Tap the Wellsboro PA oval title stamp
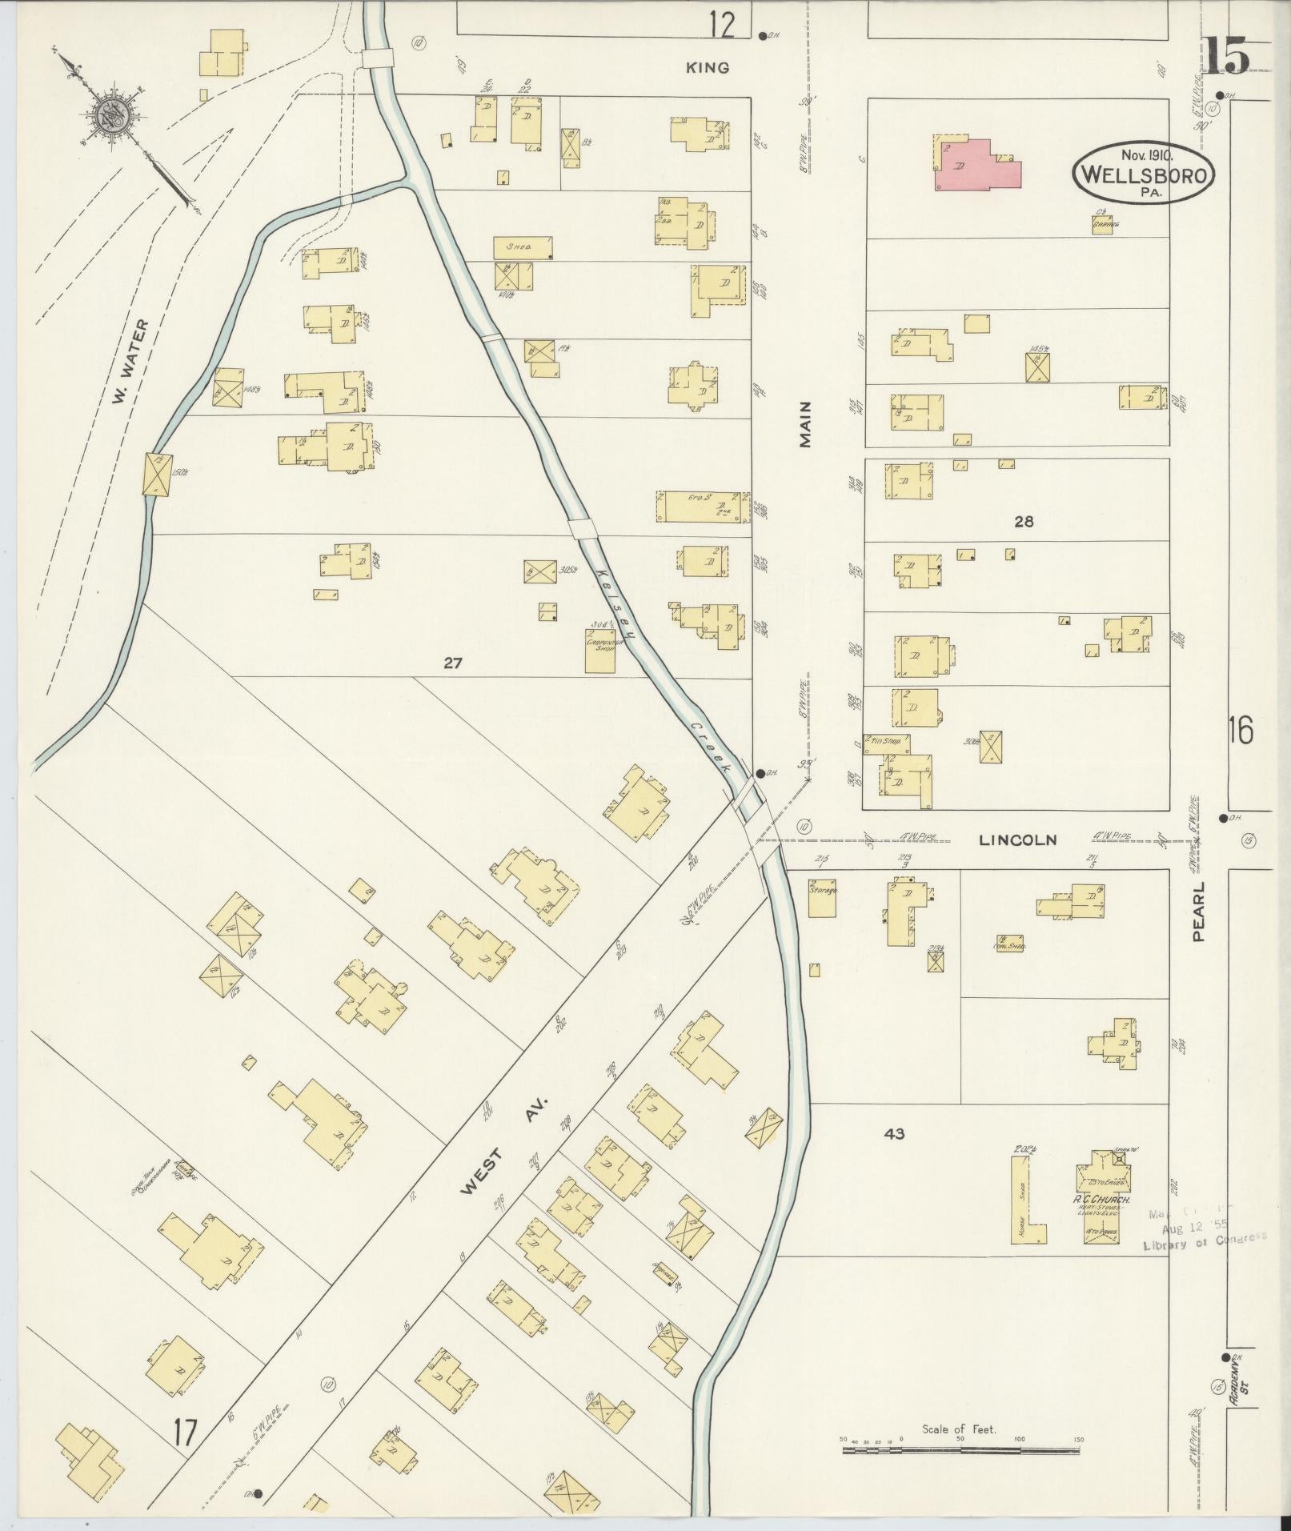1144,173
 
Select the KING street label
708,68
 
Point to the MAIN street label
806,424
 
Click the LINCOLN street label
1018,840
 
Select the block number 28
1024,522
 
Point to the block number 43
894,1133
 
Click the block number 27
453,663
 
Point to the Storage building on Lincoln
823,897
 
